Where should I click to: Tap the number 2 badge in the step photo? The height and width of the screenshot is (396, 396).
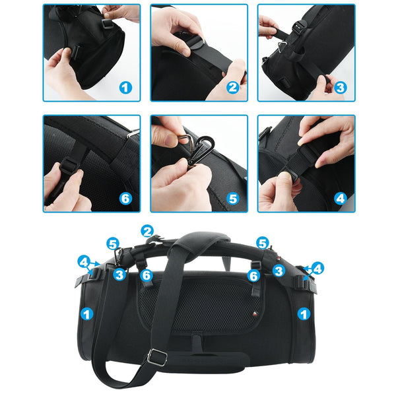coord(232,86)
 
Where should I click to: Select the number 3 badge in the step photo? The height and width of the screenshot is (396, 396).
coord(340,86)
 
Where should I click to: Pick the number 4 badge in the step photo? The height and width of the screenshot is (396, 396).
coord(340,197)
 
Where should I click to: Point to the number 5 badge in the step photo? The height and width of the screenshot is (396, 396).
coord(232,197)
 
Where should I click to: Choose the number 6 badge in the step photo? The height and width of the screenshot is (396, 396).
coord(125,197)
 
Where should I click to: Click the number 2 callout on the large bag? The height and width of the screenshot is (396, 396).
coord(147,232)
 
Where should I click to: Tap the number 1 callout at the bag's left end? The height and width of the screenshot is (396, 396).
coord(85,314)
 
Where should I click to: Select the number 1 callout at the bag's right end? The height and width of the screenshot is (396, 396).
coord(303,314)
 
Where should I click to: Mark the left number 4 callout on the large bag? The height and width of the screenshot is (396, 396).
coord(84,262)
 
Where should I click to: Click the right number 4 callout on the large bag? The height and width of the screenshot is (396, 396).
coord(318,269)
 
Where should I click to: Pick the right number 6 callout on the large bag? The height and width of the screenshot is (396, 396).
coord(253,276)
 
